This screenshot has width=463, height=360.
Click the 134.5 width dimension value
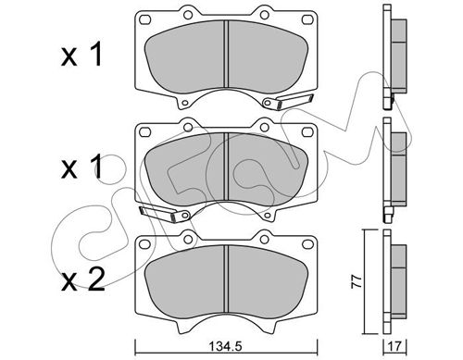[226, 346]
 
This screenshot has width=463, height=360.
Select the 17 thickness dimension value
[394, 346]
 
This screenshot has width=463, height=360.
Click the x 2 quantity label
[82, 280]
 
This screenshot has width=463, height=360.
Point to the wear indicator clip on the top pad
[288, 102]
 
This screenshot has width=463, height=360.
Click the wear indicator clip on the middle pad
[164, 213]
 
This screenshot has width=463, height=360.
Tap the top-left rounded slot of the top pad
[144, 19]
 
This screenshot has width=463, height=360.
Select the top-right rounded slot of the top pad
[307, 19]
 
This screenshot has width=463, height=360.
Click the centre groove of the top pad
[226, 54]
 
